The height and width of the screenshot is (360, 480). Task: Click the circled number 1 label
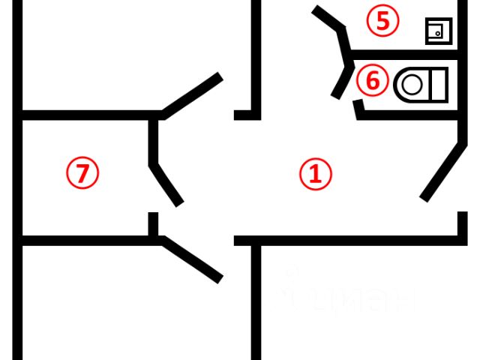tap(315, 175)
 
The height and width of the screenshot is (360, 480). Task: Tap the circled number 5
tap(382, 21)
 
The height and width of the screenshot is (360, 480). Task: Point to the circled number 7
tap(82, 173)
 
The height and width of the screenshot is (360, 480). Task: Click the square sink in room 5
tap(437, 31)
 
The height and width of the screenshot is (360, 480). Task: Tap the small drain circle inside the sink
tap(435, 34)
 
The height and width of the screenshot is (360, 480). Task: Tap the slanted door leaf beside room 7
tap(166, 184)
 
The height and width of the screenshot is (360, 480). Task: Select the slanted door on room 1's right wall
tap(440, 172)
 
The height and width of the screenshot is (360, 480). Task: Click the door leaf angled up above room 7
tap(191, 95)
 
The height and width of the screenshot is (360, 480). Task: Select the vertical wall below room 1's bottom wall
tap(256, 300)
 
